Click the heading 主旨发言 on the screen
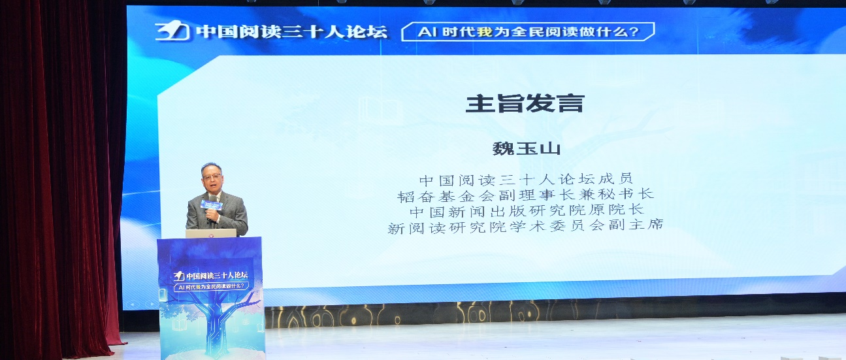point(523,104)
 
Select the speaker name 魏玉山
point(527,148)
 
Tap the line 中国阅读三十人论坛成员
point(527,179)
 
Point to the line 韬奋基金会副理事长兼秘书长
point(527,195)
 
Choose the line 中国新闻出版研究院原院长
point(527,211)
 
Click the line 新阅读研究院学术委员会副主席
point(527,227)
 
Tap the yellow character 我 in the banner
point(484,31)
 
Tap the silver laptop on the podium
point(210,233)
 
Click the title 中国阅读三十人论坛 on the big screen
point(291,31)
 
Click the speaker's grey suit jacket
point(232,212)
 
